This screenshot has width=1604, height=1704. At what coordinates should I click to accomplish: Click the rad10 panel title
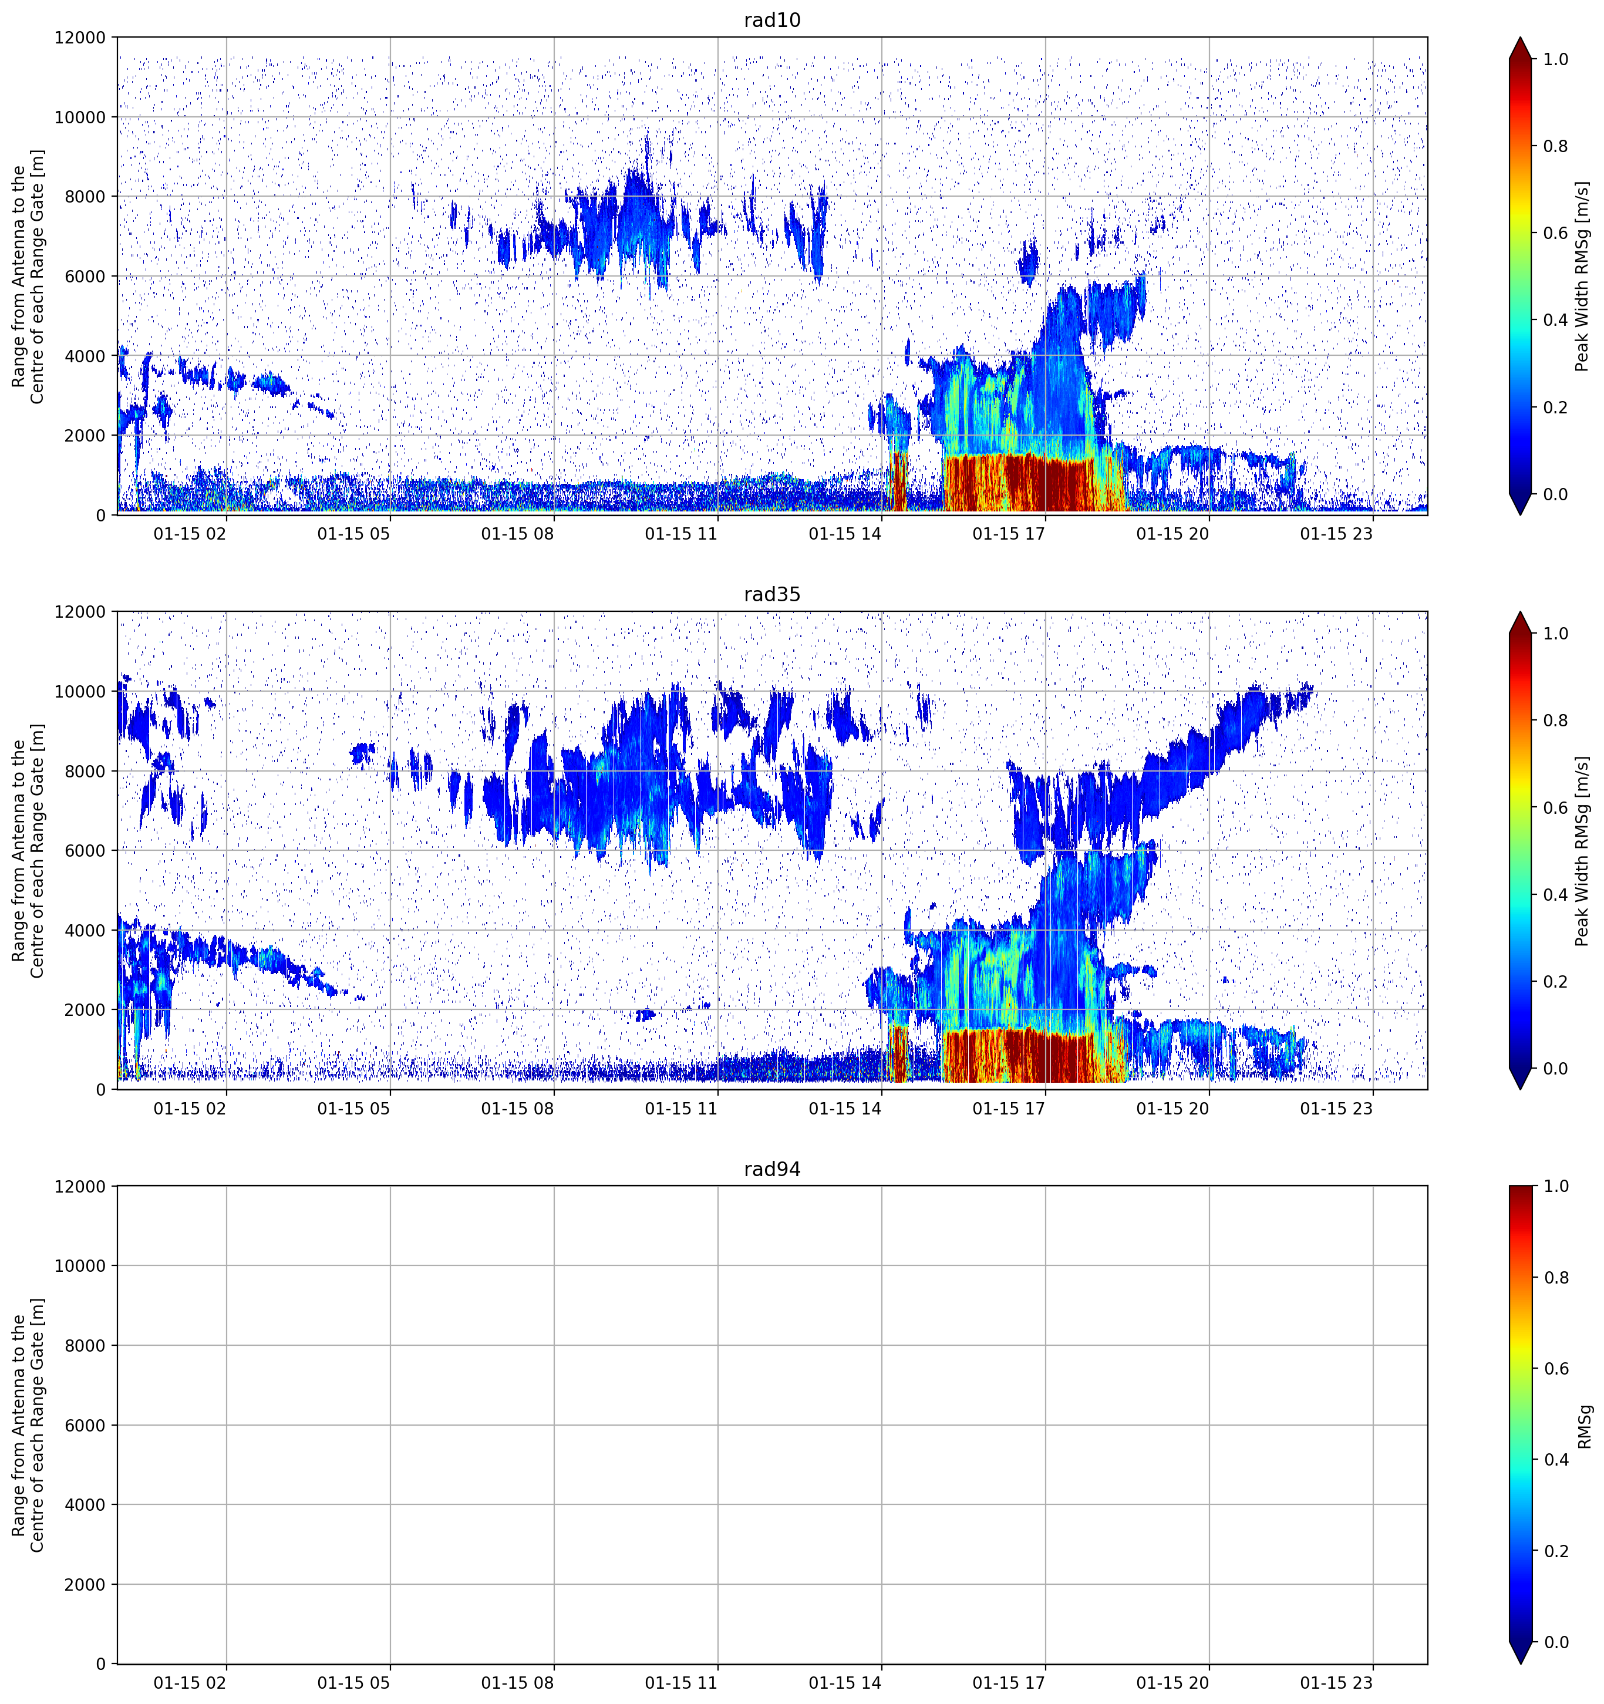pos(772,20)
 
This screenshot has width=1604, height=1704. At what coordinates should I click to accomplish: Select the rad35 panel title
pos(772,594)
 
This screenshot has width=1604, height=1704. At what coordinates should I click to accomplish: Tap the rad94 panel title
pos(772,1169)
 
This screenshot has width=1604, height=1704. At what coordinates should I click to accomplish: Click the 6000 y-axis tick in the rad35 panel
pos(86,850)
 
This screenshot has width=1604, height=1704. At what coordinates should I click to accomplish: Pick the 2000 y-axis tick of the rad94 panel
pos(86,1585)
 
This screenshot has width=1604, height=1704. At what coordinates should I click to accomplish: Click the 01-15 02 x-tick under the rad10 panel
pos(190,534)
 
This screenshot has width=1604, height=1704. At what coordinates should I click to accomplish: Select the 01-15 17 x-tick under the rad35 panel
pos(1009,1108)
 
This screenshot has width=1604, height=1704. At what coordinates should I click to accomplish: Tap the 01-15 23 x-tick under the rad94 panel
pos(1337,1683)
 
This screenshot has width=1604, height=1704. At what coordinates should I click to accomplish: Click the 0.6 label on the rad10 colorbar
pos(1556,233)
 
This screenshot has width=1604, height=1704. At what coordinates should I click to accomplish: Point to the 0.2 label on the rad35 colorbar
pos(1556,981)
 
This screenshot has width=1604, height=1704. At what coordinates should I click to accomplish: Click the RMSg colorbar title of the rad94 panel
pos(1584,1426)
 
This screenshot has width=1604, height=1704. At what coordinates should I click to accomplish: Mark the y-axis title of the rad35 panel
pos(28,850)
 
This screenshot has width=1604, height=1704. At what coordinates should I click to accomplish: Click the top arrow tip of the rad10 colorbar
pos(1520,38)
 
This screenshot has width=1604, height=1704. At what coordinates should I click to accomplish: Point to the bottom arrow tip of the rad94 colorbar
pos(1520,1663)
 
